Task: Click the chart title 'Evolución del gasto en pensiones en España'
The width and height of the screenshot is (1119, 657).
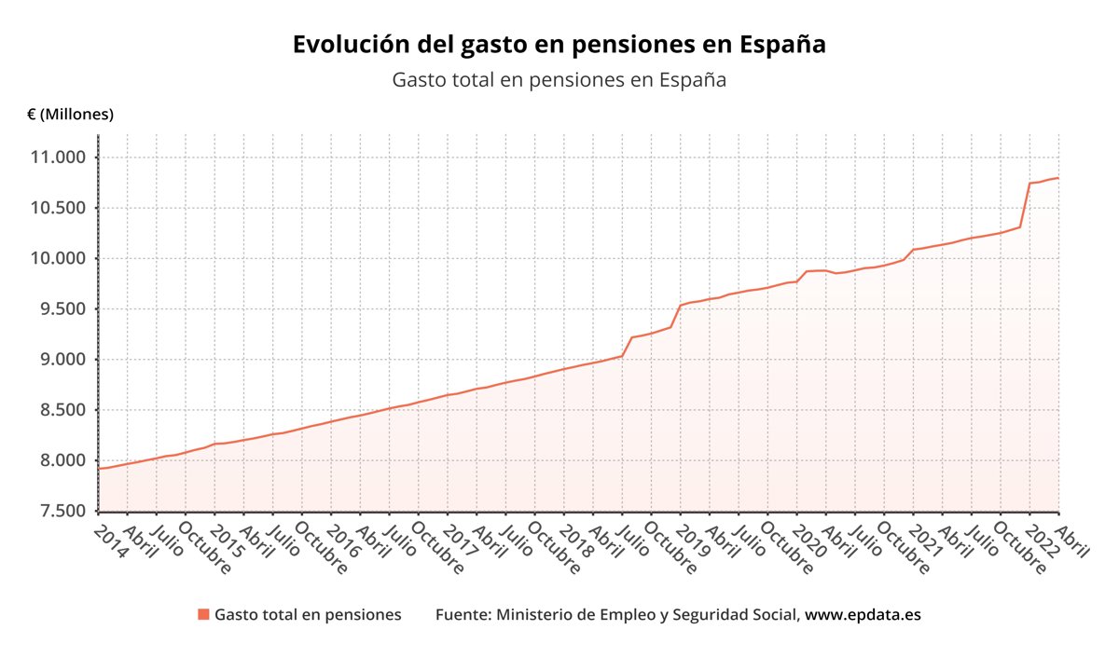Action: [x=559, y=45]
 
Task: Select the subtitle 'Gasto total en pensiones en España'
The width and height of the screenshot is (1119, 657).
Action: [x=559, y=80]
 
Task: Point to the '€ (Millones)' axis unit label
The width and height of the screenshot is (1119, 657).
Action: [x=71, y=115]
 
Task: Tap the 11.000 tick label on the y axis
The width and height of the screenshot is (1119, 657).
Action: [x=58, y=157]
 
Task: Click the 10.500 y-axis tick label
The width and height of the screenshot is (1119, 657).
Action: [x=58, y=208]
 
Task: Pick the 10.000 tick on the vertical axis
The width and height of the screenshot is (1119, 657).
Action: [x=58, y=258]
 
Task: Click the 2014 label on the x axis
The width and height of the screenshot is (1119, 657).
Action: [x=110, y=539]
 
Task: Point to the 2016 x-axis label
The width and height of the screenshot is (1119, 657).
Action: [x=343, y=539]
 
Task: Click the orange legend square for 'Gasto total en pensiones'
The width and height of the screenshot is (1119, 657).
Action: [x=203, y=615]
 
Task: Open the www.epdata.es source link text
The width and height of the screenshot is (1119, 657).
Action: [x=863, y=615]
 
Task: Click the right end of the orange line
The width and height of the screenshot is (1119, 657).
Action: [x=1057, y=178]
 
